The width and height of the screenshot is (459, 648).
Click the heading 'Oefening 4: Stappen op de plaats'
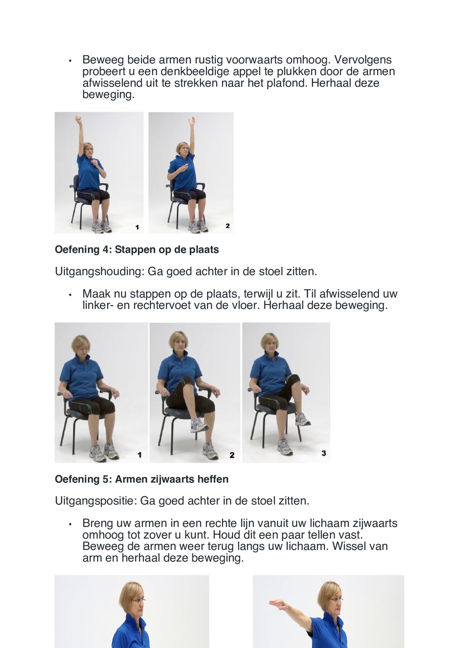click(x=137, y=250)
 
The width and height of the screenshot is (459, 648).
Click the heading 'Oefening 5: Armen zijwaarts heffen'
click(x=141, y=479)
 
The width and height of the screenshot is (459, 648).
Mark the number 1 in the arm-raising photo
click(x=137, y=227)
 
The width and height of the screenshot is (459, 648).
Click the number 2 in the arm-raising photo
click(x=227, y=226)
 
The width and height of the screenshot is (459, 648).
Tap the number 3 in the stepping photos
click(x=323, y=453)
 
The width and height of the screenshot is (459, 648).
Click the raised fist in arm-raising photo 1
click(x=78, y=119)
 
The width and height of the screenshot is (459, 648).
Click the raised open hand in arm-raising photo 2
click(x=192, y=121)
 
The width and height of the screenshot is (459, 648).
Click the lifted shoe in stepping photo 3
click(x=302, y=419)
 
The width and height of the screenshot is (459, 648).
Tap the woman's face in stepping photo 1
click(x=82, y=347)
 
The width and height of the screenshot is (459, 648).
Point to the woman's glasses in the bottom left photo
click(x=138, y=600)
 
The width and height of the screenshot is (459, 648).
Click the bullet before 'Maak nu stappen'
click(x=71, y=295)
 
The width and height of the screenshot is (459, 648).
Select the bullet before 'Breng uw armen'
click(x=71, y=524)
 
